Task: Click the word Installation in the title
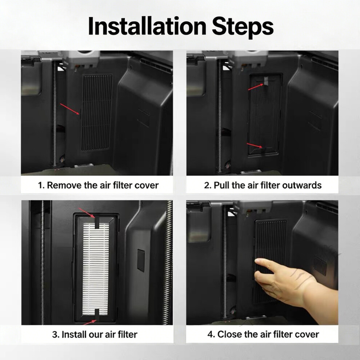click(147, 26)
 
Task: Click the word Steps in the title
click(243, 27)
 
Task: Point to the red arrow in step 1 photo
click(70, 109)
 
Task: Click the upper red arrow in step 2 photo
click(256, 87)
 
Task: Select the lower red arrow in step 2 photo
click(255, 145)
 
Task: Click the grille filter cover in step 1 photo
click(97, 112)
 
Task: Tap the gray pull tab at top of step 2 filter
click(266, 81)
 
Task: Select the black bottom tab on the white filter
click(97, 314)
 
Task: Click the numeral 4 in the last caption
click(210, 334)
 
